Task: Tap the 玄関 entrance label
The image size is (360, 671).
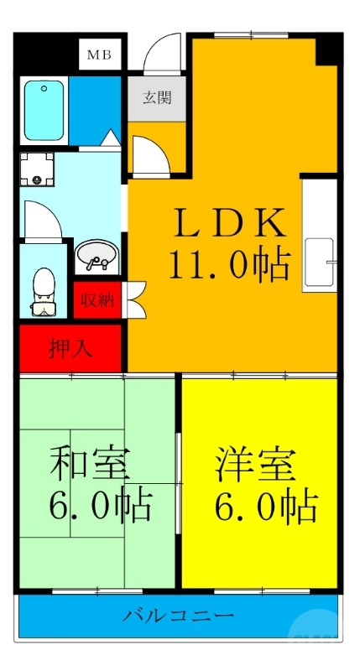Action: coord(156,97)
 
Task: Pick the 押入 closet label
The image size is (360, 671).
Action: coord(71,348)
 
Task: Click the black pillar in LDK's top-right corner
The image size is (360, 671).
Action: coord(328,49)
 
